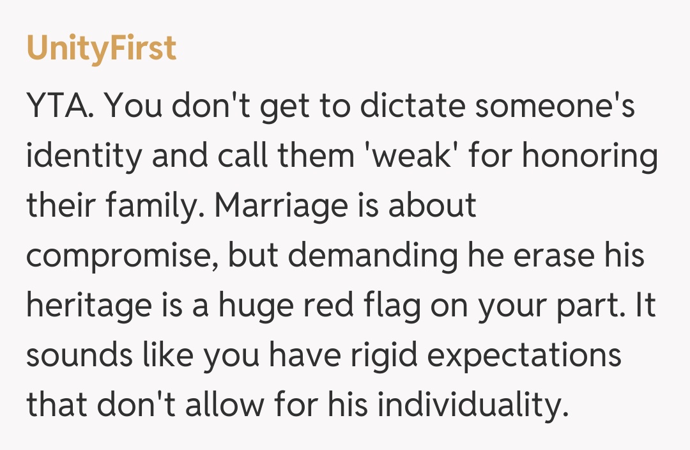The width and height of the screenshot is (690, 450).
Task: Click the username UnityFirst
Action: tap(101, 48)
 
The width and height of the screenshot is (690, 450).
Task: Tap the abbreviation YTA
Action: tap(62, 106)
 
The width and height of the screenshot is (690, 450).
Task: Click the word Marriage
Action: tap(281, 206)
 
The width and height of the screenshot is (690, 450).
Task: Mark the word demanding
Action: tap(371, 256)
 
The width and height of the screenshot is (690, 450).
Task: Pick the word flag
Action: tap(390, 306)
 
